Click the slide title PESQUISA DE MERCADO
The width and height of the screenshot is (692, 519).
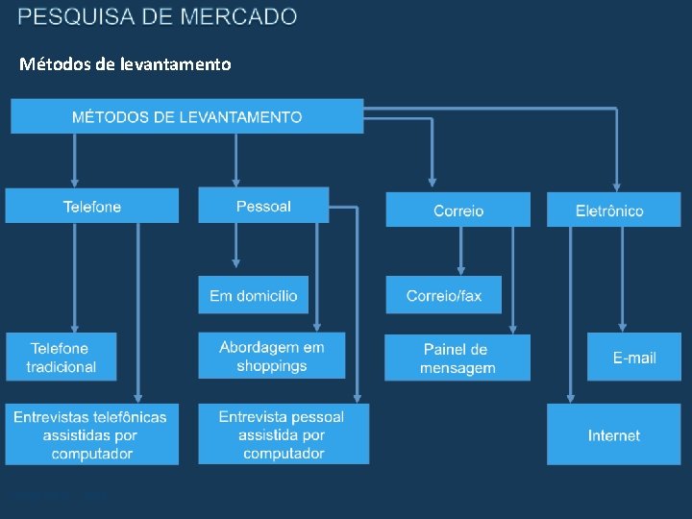coord(158,16)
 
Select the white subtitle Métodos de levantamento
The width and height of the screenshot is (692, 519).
coord(125,64)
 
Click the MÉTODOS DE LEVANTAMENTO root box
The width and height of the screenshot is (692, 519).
coord(187,116)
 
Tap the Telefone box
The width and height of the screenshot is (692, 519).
coord(92,206)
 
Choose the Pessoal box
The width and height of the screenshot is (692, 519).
coord(263,206)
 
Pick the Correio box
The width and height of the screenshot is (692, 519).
coord(457,210)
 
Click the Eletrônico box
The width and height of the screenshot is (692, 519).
coord(613,210)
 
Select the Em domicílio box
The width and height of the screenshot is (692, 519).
coord(254,295)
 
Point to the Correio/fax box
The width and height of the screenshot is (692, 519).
coord(443,295)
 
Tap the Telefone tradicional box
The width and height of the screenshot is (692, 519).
coord(61,357)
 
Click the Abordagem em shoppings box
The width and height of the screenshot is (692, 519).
coord(272,356)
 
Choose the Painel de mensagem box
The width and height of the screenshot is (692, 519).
coord(457,358)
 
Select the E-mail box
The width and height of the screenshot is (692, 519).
coord(634,357)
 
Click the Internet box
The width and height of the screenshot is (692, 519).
coord(613,434)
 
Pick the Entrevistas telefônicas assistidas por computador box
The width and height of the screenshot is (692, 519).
coord(91,434)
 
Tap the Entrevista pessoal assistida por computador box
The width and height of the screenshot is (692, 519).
coord(283,434)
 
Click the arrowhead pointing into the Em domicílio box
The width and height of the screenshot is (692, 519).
coord(236,263)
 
